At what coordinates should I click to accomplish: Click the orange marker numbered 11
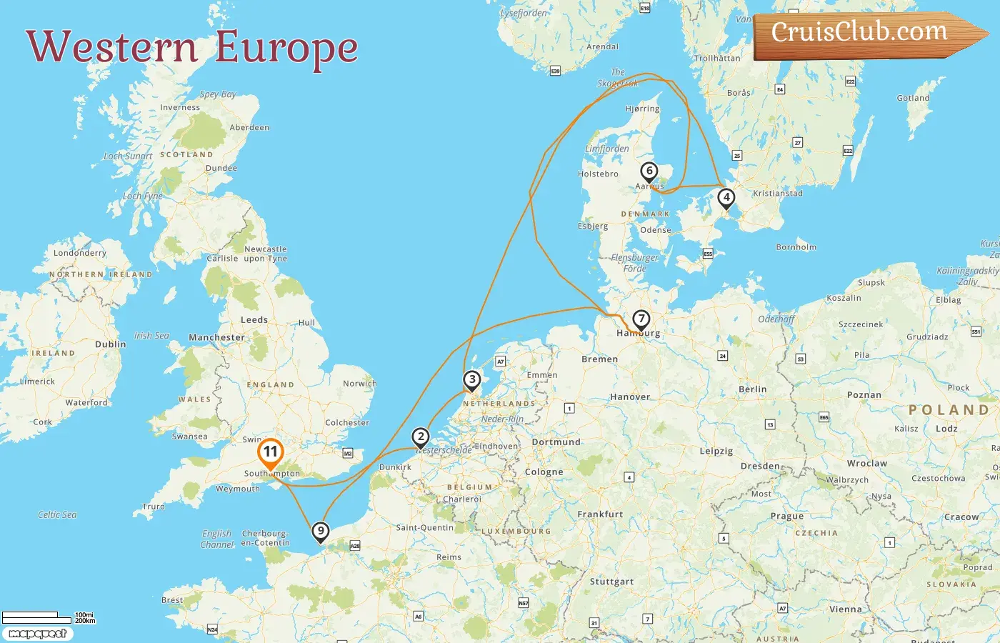tap(270, 452)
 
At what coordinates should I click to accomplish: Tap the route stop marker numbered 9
tap(321, 531)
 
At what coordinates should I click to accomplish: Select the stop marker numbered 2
tap(421, 437)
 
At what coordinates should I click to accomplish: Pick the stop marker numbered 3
tap(471, 379)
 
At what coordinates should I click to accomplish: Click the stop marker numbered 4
tap(726, 197)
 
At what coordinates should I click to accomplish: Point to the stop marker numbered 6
tap(649, 171)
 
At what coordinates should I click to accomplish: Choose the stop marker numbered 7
tap(641, 319)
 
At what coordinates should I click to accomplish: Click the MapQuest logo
tap(37, 634)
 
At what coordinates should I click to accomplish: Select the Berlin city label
tap(752, 389)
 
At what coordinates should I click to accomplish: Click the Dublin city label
tap(110, 344)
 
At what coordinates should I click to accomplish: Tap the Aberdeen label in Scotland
tap(249, 128)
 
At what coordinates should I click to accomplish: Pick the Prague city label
tap(786, 516)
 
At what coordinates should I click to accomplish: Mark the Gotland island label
tap(913, 98)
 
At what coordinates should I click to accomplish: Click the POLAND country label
tap(948, 410)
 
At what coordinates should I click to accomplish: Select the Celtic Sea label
tap(57, 514)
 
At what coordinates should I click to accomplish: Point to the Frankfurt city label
tap(600, 514)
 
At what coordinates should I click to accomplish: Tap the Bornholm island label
tap(796, 247)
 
